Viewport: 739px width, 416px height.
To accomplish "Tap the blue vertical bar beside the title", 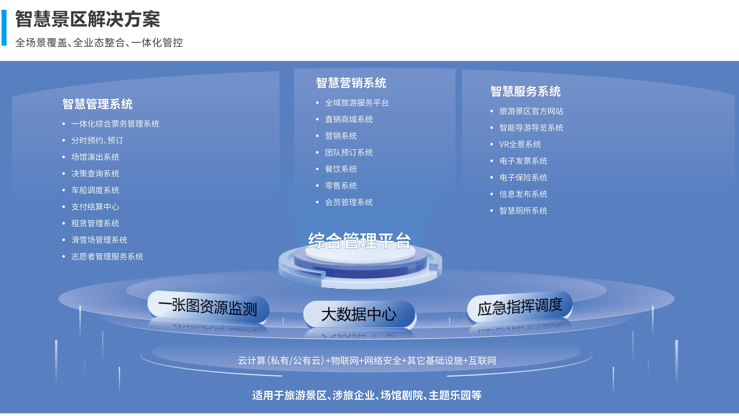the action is pos(4,28).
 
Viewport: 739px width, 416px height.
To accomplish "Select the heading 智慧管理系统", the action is pos(98,104).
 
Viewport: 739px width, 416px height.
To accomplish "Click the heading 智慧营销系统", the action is pos(351,83).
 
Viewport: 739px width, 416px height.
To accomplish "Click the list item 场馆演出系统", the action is pos(95,157).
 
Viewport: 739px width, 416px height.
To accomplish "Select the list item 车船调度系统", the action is pos(95,190).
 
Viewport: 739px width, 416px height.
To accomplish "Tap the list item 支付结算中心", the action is pos(95,207).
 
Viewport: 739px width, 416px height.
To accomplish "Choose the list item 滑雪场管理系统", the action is pos(99,240).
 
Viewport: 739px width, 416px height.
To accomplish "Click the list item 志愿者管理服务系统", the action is pos(107,256).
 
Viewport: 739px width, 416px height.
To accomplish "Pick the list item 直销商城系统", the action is pos(349,119).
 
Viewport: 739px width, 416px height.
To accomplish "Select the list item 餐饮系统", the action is pos(341,169).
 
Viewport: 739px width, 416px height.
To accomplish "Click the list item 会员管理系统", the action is pos(349,202).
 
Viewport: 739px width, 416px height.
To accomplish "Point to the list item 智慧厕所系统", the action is pos(523,211).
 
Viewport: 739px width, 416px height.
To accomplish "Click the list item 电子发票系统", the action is pos(523,161).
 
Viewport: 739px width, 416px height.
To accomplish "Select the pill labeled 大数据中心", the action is pos(359,314).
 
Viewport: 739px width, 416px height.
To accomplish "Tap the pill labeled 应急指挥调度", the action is pos(520,307).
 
